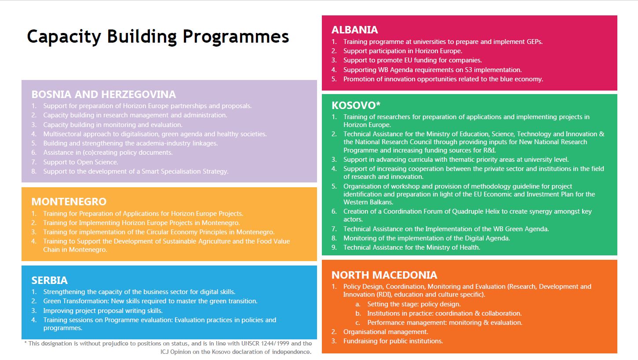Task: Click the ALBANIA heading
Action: (354, 29)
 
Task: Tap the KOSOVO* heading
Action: (356, 105)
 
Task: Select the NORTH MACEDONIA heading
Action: (384, 275)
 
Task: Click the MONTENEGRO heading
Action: (69, 202)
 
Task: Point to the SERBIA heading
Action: (49, 280)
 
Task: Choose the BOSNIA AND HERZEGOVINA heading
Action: (104, 94)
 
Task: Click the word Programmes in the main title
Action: (236, 37)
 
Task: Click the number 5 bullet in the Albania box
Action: (334, 79)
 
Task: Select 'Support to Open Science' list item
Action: (80, 162)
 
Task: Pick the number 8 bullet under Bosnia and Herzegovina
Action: (34, 171)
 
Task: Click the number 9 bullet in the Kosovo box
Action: (334, 247)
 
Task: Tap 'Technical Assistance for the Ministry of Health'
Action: (412, 247)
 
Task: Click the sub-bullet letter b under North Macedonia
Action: (358, 313)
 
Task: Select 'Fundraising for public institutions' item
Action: (393, 341)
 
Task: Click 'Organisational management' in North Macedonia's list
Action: (386, 332)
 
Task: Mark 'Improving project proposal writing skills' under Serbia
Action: (103, 311)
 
